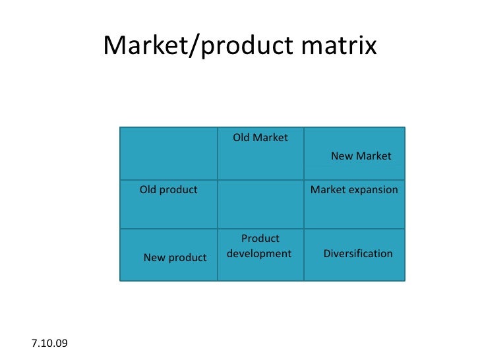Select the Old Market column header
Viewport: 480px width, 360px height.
pos(260,138)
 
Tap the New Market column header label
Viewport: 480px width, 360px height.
pos(361,156)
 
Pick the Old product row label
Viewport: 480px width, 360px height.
pos(168,190)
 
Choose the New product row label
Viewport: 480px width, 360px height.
pos(175,258)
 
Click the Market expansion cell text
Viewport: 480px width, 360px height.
pos(354,190)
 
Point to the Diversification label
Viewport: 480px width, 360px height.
pos(358,254)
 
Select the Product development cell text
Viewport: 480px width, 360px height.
pos(260,246)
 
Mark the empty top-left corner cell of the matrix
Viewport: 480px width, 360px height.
pos(169,152)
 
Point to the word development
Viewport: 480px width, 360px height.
pos(259,254)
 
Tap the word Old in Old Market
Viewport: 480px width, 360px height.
pos(242,138)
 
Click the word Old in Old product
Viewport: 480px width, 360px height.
pos(148,190)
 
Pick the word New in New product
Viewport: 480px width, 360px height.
pos(154,258)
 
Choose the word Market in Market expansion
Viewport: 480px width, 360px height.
pos(328,190)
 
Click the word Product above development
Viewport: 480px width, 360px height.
pos(260,239)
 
